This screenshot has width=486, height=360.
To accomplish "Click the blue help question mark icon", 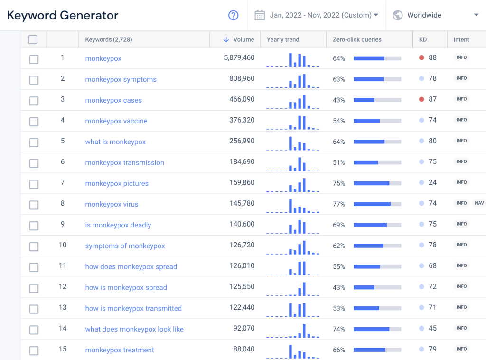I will click(233, 15).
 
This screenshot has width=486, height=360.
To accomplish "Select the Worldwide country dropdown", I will click(436, 15).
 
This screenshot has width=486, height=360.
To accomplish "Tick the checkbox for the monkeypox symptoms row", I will click(34, 80).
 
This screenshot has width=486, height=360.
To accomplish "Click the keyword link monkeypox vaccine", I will click(116, 121).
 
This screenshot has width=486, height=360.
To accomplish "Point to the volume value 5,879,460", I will click(239, 58).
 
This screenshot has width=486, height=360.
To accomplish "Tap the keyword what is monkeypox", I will click(115, 142).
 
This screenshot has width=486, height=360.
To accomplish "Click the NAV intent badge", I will click(479, 203).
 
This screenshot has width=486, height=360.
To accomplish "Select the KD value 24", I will click(432, 182).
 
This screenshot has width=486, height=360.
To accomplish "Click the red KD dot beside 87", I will click(421, 100).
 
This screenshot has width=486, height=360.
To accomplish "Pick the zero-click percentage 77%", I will click(339, 204).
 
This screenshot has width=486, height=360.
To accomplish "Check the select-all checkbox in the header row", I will click(33, 40).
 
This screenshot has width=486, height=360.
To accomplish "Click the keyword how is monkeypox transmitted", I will click(133, 308).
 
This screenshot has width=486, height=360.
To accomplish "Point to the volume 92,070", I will click(243, 328).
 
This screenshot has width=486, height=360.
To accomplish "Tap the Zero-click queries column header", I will click(357, 40).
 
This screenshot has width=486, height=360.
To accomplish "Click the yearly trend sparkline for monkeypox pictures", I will click(293, 184).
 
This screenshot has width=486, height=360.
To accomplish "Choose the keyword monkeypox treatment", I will click(120, 350).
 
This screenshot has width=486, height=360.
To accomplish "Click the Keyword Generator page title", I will click(63, 15).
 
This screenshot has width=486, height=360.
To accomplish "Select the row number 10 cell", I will click(63, 245).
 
